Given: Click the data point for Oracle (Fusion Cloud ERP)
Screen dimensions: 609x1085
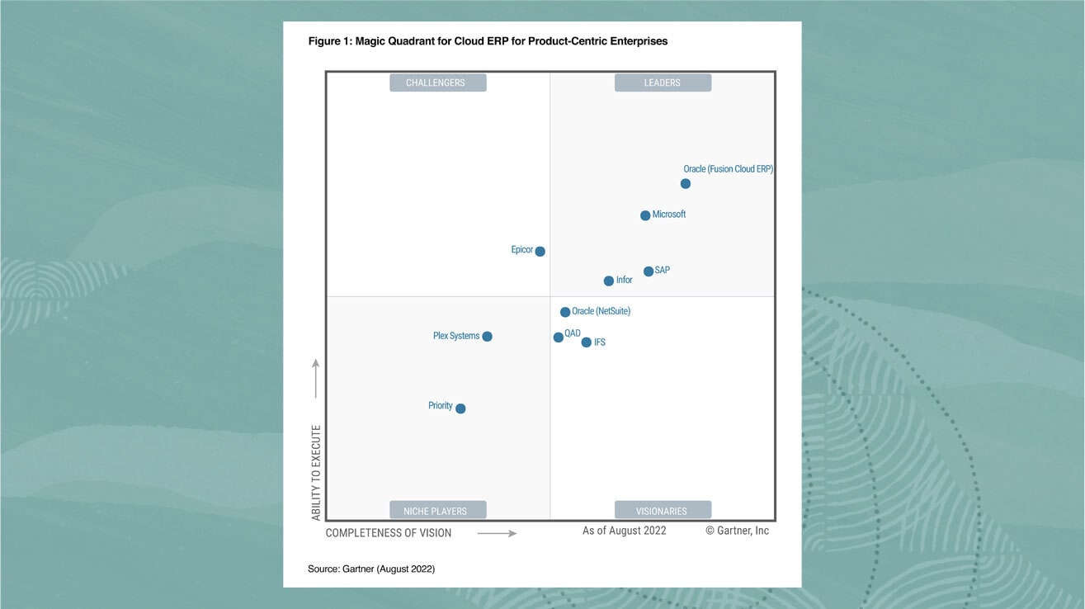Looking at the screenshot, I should (686, 184).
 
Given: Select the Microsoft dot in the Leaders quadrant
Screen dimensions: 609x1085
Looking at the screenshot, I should (645, 215).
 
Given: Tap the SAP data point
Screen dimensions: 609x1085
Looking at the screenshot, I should (649, 271).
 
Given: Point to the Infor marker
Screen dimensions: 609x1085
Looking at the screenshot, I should (609, 281).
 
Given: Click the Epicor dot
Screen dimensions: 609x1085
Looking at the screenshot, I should (540, 252).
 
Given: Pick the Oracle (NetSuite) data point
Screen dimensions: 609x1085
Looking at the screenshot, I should (565, 313).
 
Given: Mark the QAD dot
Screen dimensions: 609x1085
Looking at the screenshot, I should (559, 337).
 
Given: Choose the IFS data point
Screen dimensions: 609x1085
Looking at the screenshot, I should (587, 342).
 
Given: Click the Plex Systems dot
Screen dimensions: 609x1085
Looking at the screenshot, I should (487, 337).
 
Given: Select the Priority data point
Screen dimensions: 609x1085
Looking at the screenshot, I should (460, 408).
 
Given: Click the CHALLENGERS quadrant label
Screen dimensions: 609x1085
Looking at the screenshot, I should (437, 83).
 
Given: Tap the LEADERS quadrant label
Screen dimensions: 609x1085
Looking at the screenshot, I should (663, 83).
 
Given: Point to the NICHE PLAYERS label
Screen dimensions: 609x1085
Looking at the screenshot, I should (437, 511).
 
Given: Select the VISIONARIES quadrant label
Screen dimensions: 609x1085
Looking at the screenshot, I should (663, 511).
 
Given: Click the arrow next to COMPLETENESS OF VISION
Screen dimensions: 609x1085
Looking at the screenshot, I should (497, 534).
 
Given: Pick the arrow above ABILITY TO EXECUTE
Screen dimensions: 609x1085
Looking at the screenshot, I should (315, 379).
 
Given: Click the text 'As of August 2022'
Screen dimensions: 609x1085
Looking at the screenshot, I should (624, 531).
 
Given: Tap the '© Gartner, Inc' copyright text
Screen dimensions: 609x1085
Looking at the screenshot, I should (737, 531).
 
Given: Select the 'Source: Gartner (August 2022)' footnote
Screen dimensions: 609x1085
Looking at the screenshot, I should (371, 569).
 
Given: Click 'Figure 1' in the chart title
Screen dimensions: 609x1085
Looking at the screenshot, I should (328, 41).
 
